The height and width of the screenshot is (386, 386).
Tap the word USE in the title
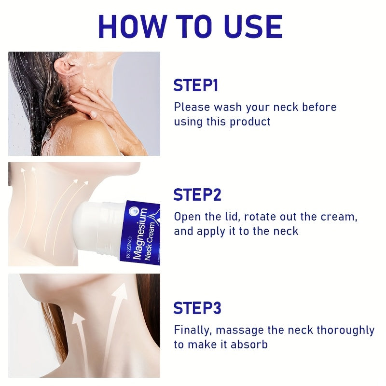point(253,27)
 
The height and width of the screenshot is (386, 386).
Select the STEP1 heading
point(196,85)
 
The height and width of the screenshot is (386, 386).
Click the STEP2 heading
point(197,195)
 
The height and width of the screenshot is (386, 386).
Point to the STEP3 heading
point(197,308)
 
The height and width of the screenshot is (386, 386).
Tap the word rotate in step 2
point(260,217)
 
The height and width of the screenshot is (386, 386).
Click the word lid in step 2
point(233,217)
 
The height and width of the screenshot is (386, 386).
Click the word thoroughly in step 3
point(345,331)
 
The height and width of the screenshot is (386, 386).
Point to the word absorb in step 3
point(249,345)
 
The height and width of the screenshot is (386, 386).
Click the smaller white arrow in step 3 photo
point(80,340)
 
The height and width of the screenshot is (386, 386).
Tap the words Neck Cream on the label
point(150,241)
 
